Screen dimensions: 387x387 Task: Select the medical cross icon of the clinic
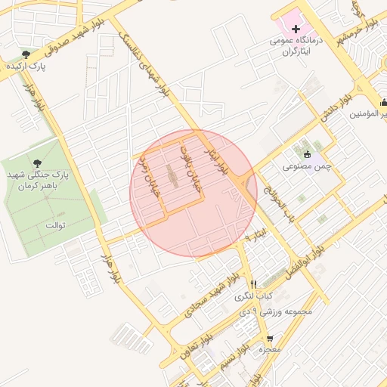tap(296, 28)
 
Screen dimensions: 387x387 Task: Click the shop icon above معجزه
tap(270, 339)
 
